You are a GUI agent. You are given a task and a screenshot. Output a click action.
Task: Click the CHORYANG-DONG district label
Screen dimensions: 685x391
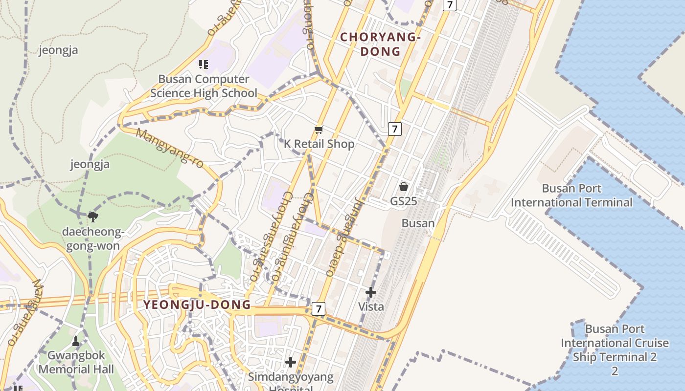pyautogui.click(x=380, y=44)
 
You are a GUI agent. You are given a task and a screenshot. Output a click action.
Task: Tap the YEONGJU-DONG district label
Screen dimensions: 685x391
pyautogui.click(x=197, y=305)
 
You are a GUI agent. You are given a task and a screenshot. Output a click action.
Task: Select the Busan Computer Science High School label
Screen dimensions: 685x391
pyautogui.click(x=204, y=86)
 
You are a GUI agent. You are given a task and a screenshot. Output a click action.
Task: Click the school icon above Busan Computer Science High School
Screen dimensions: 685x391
pyautogui.click(x=204, y=64)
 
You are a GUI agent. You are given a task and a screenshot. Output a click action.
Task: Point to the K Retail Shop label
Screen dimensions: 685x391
pyautogui.click(x=319, y=144)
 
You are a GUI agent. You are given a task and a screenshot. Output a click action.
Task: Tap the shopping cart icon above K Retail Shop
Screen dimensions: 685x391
pyautogui.click(x=319, y=130)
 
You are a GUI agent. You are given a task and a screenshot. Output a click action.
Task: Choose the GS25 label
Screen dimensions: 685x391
pyautogui.click(x=403, y=201)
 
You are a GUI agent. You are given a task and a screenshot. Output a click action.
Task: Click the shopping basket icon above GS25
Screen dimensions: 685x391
pyautogui.click(x=404, y=187)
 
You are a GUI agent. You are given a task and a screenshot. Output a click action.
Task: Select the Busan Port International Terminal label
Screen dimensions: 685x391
pyautogui.click(x=571, y=195)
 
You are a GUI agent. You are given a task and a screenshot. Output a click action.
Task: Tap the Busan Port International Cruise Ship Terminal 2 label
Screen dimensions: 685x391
pyautogui.click(x=615, y=349)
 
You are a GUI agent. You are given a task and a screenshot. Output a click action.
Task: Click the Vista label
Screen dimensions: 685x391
pyautogui.click(x=371, y=307)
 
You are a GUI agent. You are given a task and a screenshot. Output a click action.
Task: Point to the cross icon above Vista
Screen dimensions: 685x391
pyautogui.click(x=371, y=292)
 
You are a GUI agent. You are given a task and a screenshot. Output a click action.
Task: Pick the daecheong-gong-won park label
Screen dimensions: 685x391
pyautogui.click(x=91, y=239)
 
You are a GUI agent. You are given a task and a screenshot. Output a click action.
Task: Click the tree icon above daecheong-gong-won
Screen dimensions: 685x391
pyautogui.click(x=92, y=217)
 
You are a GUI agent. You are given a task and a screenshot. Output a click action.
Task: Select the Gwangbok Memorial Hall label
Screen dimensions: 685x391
pyautogui.click(x=76, y=362)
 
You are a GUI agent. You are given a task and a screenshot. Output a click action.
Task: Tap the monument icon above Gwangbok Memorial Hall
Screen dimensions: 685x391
pyautogui.click(x=76, y=341)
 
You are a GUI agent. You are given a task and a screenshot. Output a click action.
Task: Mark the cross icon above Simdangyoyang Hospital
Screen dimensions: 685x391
pyautogui.click(x=291, y=362)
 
